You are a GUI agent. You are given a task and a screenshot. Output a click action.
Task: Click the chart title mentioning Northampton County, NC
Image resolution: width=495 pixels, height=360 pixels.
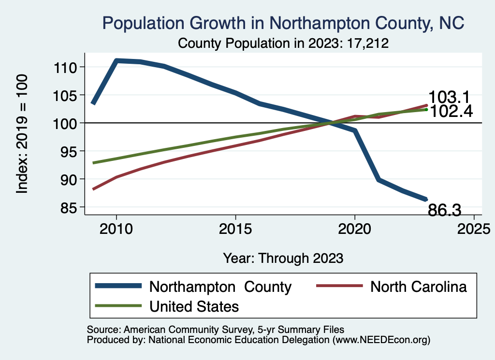(x=283, y=23)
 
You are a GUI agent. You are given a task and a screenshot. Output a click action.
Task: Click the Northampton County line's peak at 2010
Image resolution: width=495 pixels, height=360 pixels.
(x=116, y=60)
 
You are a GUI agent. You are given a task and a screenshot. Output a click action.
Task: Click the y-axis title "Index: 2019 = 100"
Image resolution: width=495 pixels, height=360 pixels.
(x=22, y=134)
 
